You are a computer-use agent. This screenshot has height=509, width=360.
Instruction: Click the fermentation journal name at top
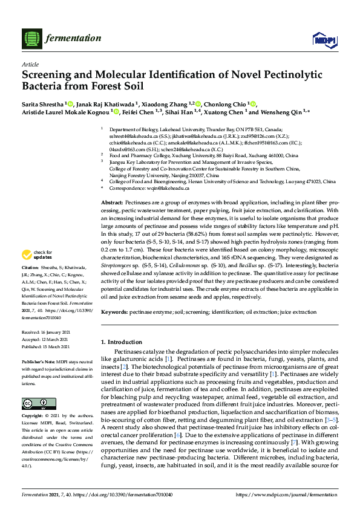73,38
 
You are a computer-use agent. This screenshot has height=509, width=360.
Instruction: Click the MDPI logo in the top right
324,40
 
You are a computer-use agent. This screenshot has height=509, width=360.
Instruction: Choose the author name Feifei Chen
142,112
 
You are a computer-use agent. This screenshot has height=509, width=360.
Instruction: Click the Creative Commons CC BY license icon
34,403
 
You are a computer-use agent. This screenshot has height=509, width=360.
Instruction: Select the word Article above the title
30,63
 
